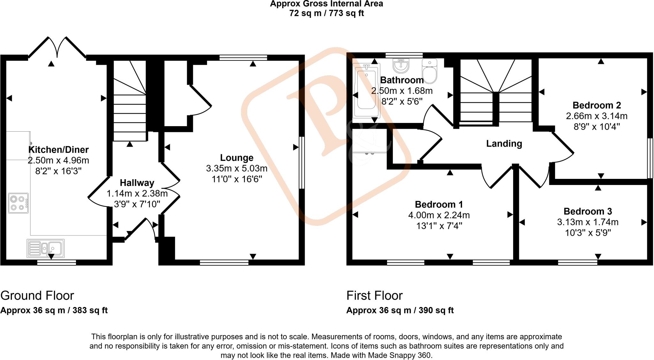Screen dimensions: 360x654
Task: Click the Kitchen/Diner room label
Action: click(x=58, y=149)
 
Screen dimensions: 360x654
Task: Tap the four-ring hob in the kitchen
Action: click(x=18, y=203)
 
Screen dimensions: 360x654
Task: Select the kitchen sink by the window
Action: click(x=46, y=249)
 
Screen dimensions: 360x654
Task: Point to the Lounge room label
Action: click(x=237, y=157)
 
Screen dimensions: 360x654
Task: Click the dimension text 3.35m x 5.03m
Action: click(x=237, y=168)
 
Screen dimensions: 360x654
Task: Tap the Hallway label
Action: click(x=137, y=183)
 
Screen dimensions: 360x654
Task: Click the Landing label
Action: click(x=504, y=144)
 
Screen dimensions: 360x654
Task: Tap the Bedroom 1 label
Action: click(x=439, y=204)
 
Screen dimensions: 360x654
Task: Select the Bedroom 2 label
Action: click(x=597, y=105)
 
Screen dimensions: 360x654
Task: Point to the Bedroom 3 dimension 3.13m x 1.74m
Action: click(x=588, y=222)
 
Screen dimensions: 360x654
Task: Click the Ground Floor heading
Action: click(x=37, y=295)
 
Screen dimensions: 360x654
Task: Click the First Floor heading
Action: click(x=374, y=295)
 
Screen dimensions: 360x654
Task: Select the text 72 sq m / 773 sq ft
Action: click(x=326, y=13)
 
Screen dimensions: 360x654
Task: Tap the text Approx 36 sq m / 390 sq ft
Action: click(x=400, y=310)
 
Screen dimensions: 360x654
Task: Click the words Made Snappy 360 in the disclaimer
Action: click(x=399, y=355)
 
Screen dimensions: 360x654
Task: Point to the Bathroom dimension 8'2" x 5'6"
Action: click(x=402, y=102)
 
